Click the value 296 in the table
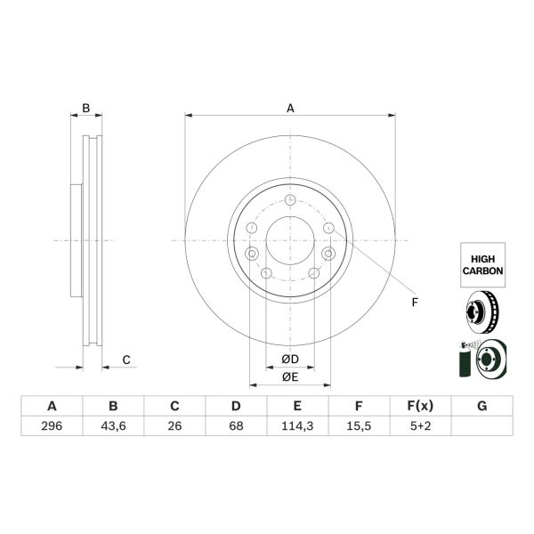(52, 426)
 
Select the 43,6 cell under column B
(113, 426)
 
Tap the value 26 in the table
(174, 426)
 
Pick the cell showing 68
(236, 426)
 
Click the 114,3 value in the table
(297, 426)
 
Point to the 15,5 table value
(359, 426)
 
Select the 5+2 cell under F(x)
(420, 426)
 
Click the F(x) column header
(420, 407)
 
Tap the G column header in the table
(481, 407)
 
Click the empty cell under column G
(481, 426)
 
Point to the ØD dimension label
(289, 360)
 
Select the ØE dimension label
(289, 377)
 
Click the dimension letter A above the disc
(290, 109)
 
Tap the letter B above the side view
(85, 109)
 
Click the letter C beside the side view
(126, 360)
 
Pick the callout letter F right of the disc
(414, 303)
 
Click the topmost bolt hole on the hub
(290, 199)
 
